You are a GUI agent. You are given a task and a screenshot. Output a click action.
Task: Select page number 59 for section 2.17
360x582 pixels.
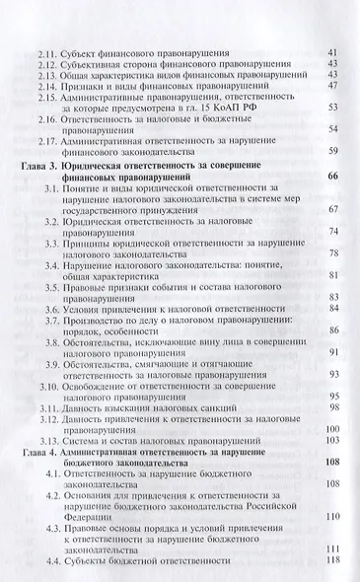pos(332,150)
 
